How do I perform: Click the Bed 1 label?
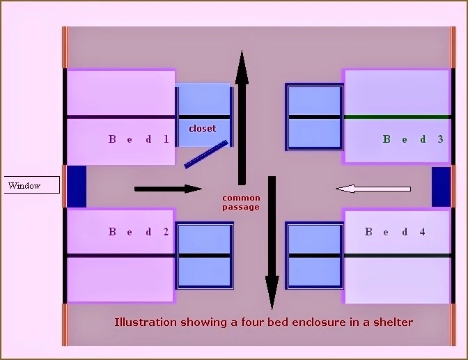click(139, 139)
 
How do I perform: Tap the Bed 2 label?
click(139, 232)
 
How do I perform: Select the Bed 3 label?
click(413, 139)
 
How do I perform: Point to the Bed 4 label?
click(395, 232)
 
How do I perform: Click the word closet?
click(203, 128)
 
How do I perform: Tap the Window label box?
click(31, 186)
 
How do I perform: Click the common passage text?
click(241, 203)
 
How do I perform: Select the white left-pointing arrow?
click(373, 188)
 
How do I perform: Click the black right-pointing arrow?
click(168, 188)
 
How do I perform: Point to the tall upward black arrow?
click(242, 118)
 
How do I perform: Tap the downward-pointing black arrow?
click(272, 244)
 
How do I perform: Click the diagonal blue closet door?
click(206, 154)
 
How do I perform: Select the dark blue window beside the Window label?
click(77, 187)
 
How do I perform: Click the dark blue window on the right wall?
click(440, 187)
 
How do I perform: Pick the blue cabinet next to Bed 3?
click(315, 116)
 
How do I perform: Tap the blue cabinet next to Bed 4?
click(315, 256)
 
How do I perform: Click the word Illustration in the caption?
click(143, 322)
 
